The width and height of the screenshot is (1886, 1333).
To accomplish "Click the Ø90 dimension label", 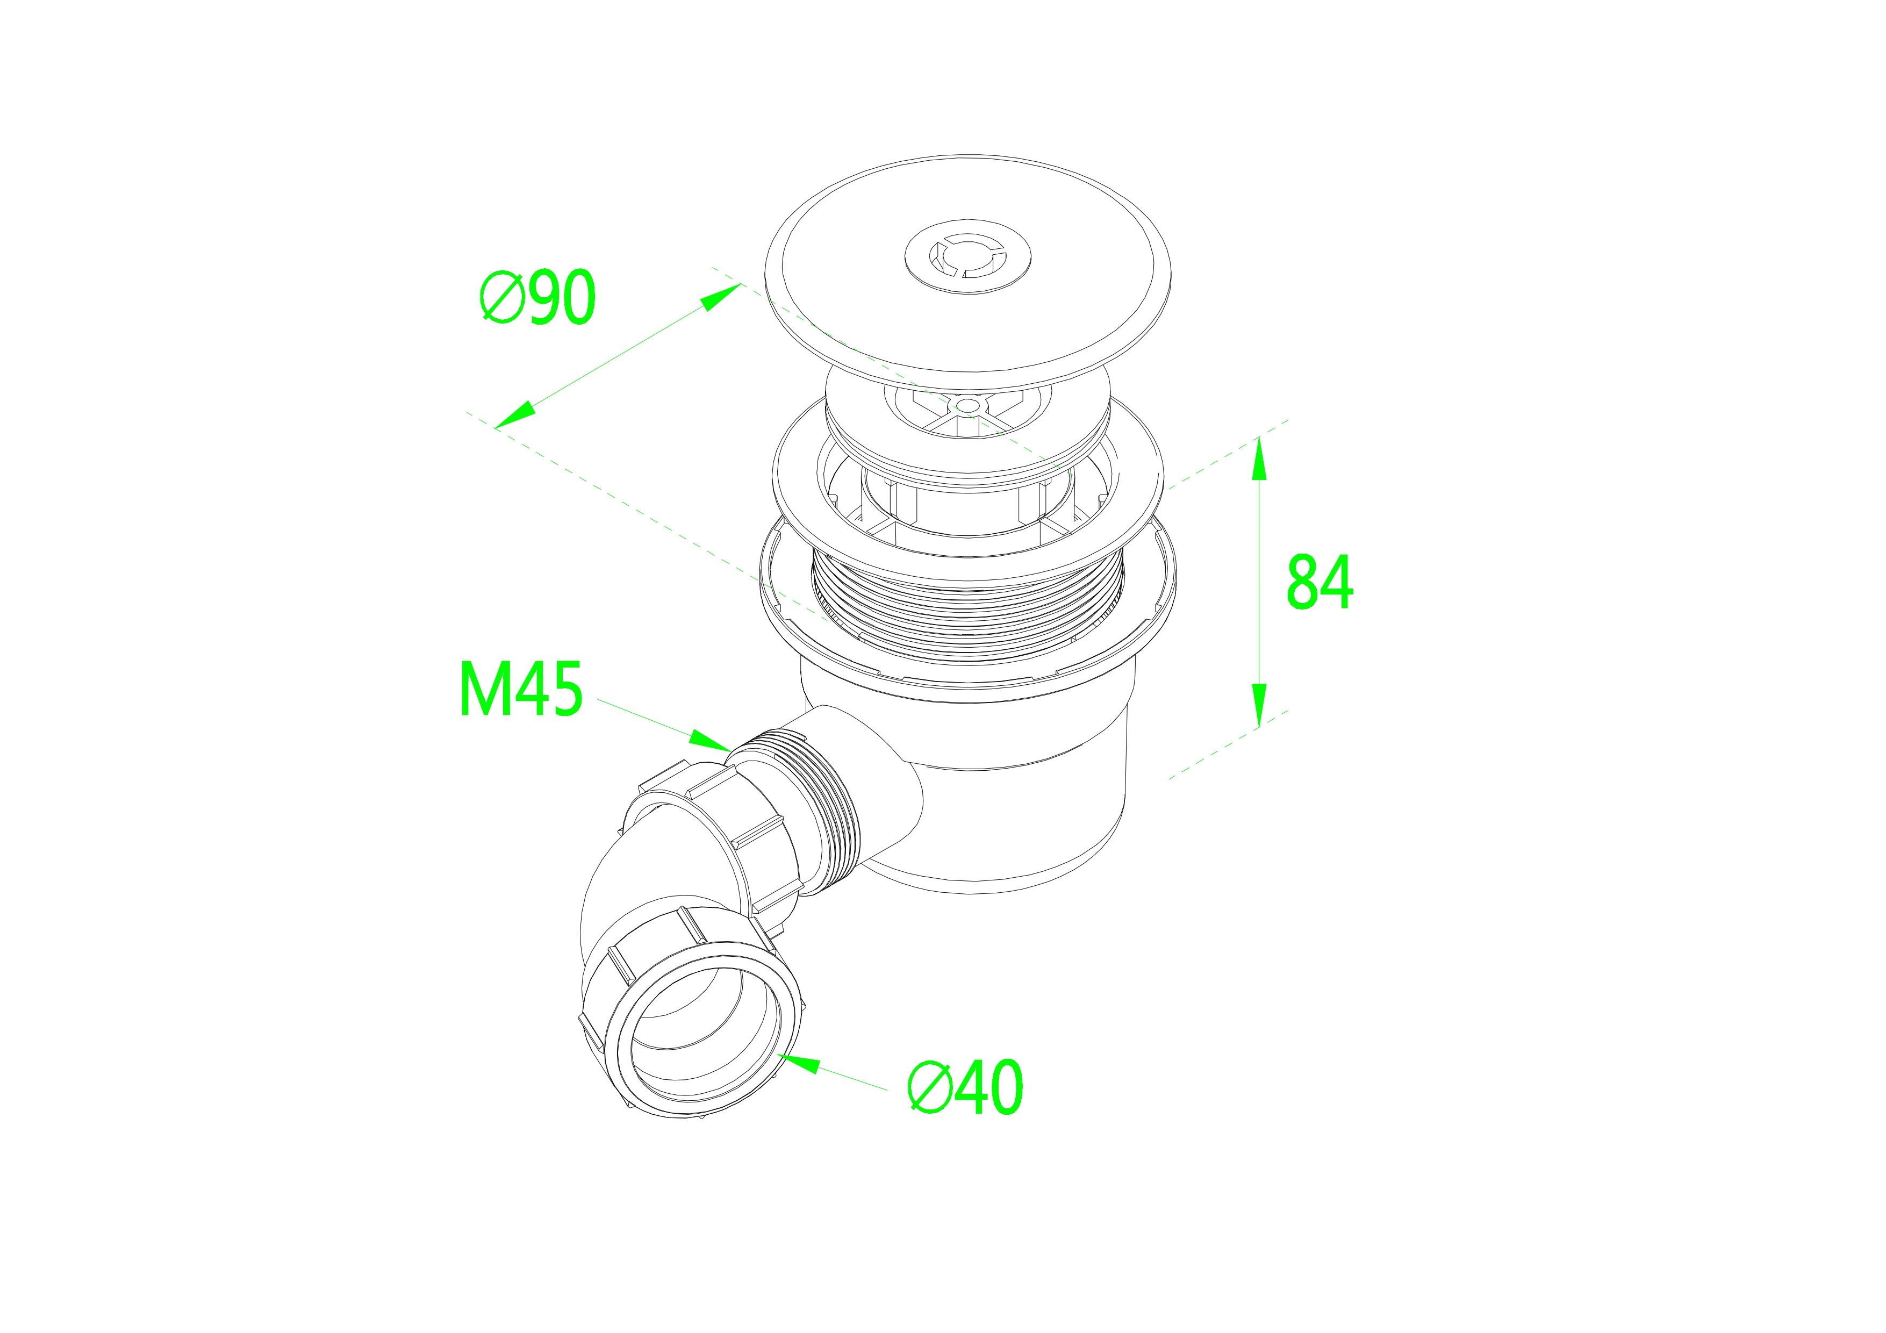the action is click(538, 297).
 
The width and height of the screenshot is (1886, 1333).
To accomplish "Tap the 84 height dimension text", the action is click(1319, 582).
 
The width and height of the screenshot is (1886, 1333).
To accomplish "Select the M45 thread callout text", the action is click(521, 688).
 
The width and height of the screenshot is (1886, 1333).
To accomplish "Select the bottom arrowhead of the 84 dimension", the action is click(1258, 706).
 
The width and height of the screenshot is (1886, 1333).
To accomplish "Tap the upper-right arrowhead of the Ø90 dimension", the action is click(721, 297).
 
